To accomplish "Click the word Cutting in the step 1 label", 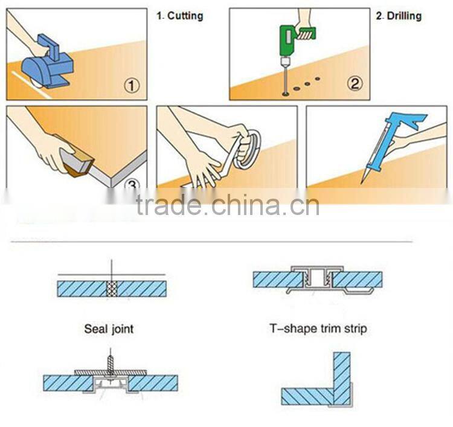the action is (x=185, y=16).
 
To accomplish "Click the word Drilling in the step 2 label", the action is (x=404, y=16).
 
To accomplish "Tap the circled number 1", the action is (x=132, y=86).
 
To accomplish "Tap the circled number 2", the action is (x=355, y=83).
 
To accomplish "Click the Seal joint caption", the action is (x=109, y=329).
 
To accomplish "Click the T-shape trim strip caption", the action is (x=318, y=329).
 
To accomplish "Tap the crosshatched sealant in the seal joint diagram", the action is (x=112, y=289).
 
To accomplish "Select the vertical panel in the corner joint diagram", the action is (x=342, y=379).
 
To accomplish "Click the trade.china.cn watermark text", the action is (x=228, y=205).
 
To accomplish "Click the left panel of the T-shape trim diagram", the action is (x=278, y=280).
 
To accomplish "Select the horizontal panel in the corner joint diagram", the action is (x=307, y=396).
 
